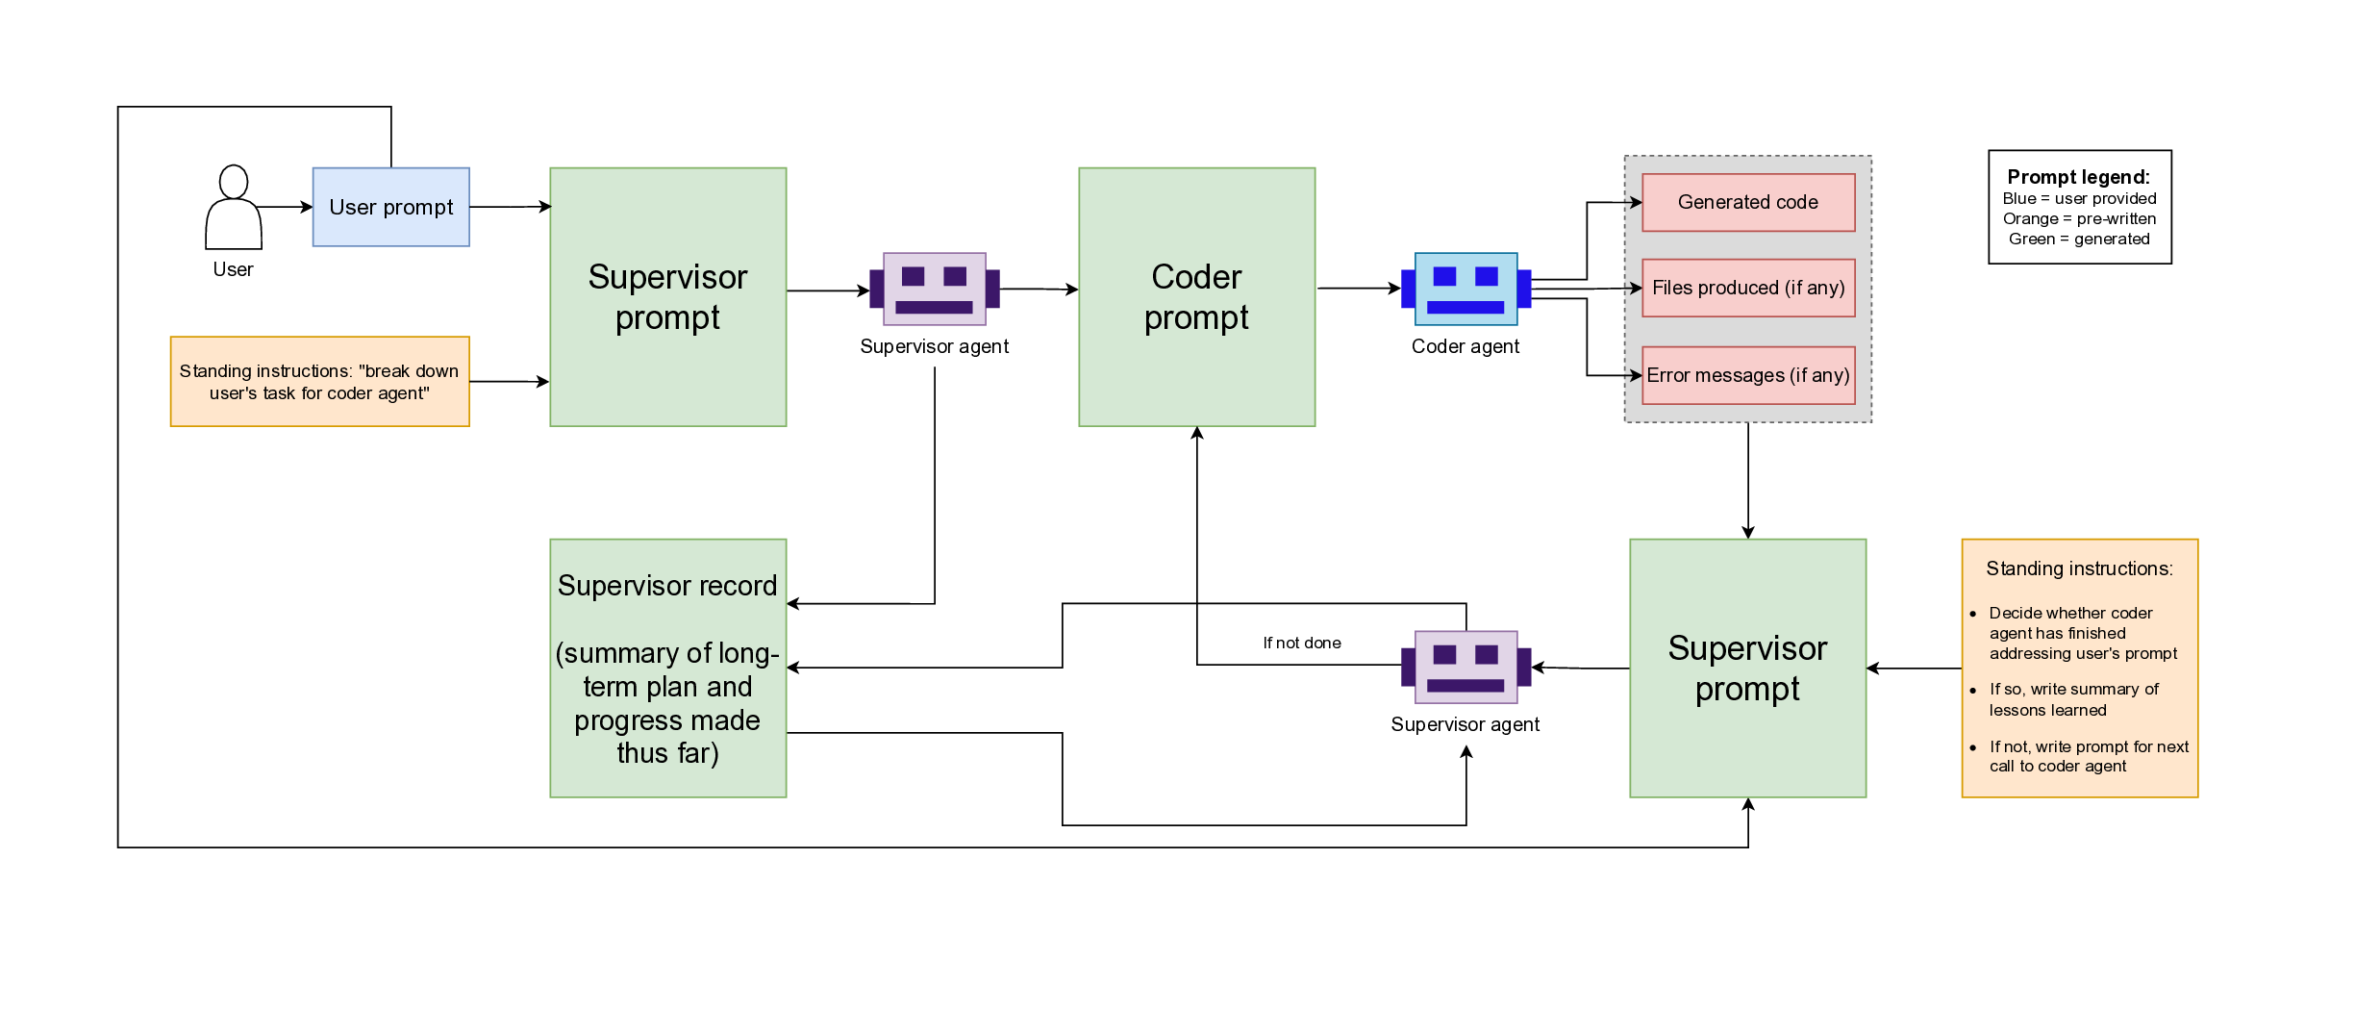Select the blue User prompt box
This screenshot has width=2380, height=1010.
point(390,207)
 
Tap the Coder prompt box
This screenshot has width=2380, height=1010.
point(1196,296)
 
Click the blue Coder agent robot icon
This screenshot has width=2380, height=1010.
point(1466,290)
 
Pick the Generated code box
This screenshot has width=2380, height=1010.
point(1747,202)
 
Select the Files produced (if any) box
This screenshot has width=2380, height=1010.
point(1747,288)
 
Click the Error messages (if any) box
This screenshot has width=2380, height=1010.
point(1747,375)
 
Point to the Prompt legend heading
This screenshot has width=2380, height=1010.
point(2078,177)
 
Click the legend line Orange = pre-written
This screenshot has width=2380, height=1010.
point(2078,218)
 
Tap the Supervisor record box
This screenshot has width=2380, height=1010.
point(667,668)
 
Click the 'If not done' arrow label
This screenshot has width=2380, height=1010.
point(1301,643)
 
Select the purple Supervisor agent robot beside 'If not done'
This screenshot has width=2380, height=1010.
point(1466,667)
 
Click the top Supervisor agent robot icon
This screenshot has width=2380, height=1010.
point(934,289)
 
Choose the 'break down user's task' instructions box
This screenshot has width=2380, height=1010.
point(319,381)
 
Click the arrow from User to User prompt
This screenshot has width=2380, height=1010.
point(287,207)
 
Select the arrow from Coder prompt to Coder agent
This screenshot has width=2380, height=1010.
point(1358,288)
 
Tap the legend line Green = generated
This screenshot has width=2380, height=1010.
point(2078,239)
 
